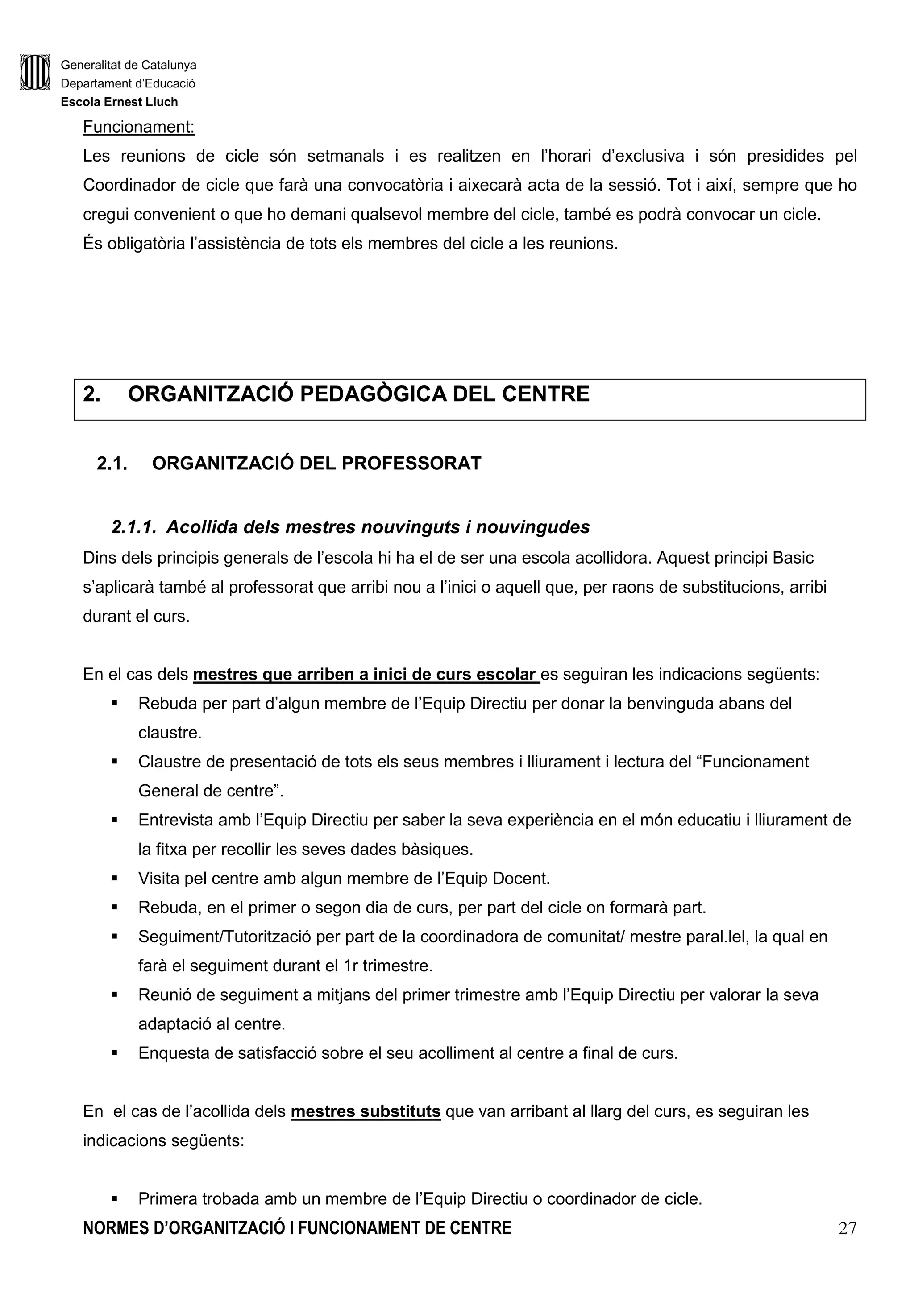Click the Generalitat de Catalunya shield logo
[34, 72]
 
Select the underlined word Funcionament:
[138, 127]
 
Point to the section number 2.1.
[112, 464]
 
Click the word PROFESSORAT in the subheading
[411, 464]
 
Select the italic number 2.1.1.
[133, 527]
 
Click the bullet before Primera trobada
[114, 1198]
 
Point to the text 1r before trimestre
[349, 966]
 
